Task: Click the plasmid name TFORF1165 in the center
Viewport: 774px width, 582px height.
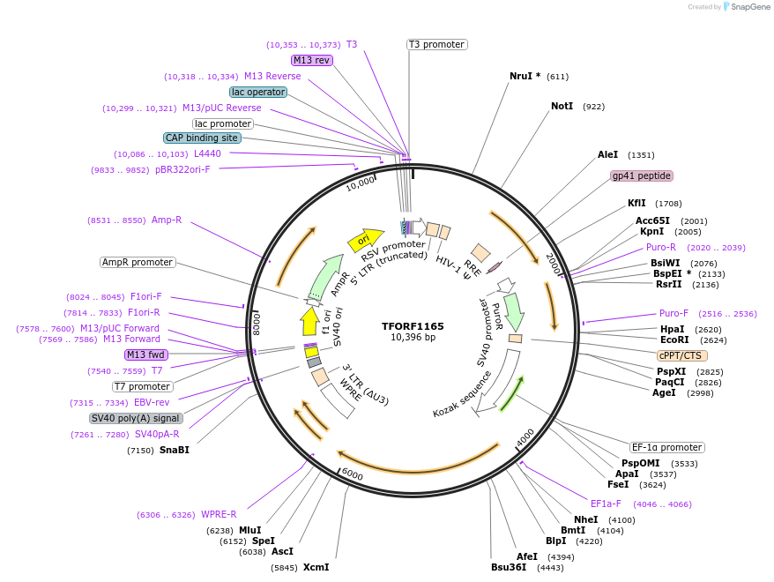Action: (413, 325)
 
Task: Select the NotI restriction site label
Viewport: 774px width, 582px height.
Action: (562, 106)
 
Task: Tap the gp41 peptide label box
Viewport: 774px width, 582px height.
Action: (642, 175)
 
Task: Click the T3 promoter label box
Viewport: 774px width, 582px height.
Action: (436, 44)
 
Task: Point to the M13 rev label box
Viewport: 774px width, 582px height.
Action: (312, 60)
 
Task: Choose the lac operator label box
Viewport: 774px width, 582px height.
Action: (257, 92)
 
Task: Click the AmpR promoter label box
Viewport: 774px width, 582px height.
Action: (137, 262)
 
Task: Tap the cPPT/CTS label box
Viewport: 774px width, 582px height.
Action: (681, 354)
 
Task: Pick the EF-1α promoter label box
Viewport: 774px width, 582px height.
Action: (667, 447)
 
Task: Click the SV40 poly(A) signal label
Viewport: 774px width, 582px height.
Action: (135, 418)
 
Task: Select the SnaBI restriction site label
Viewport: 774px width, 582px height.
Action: (174, 450)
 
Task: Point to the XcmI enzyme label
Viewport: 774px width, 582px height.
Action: (316, 567)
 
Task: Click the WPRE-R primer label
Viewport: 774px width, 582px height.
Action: (219, 514)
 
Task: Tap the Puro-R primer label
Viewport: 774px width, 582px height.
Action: (660, 247)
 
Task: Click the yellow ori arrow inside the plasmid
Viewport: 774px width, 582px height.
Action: (365, 238)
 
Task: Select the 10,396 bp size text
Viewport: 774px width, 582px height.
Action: (413, 337)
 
